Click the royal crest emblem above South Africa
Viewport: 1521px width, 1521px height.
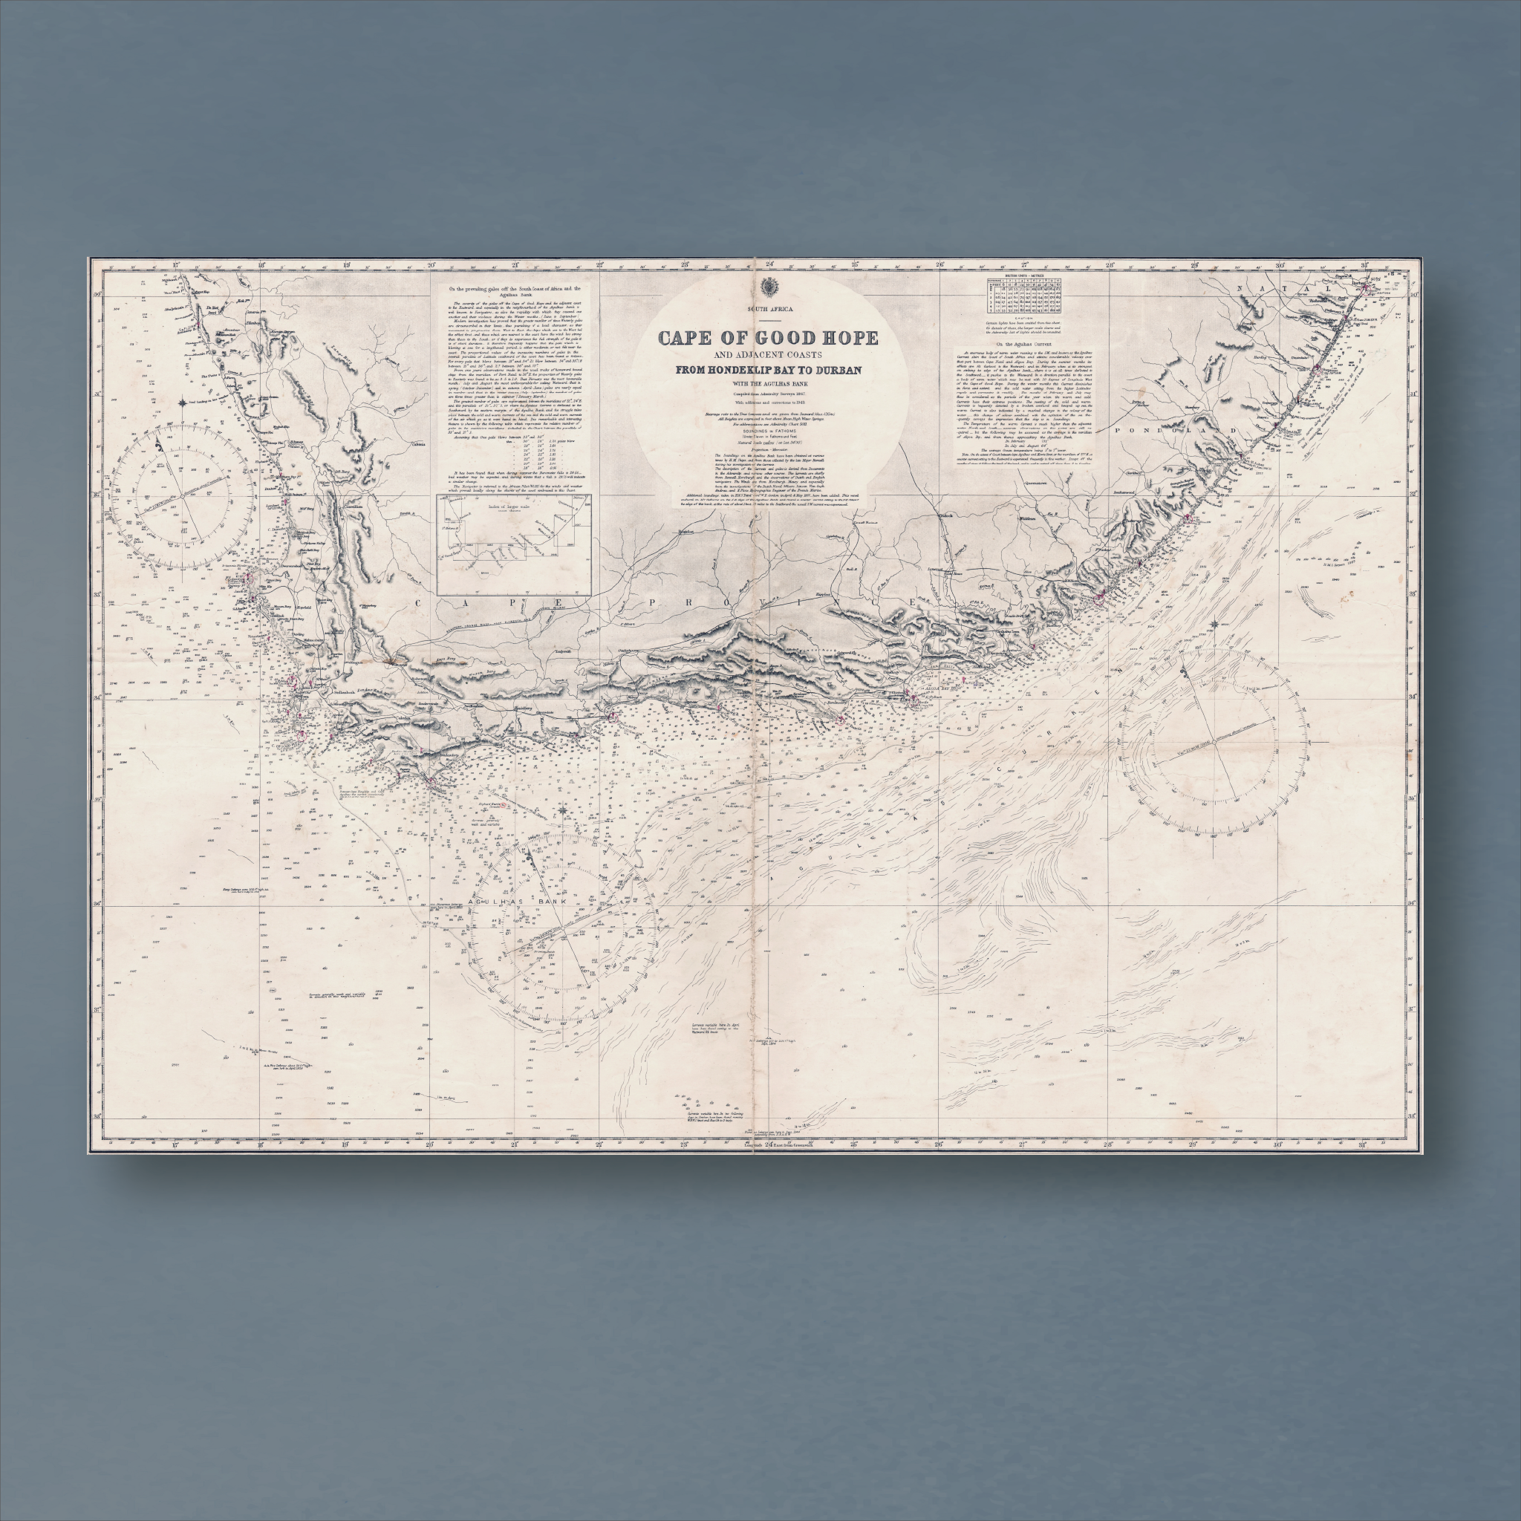click(768, 286)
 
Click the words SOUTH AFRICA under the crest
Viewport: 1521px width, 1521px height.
click(768, 309)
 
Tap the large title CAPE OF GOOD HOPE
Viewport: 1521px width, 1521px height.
click(768, 339)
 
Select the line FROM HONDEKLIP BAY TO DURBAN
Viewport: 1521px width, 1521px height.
click(768, 370)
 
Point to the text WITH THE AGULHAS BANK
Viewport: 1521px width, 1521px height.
click(768, 383)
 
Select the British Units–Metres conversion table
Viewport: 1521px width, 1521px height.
click(1023, 296)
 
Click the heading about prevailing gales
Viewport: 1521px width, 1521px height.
click(513, 291)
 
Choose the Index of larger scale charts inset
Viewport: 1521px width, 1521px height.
click(513, 544)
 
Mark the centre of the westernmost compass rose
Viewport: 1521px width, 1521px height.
click(183, 495)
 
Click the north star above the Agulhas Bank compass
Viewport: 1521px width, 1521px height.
click(564, 810)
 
